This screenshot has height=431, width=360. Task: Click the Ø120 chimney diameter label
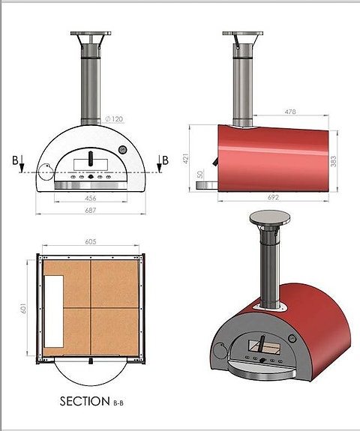pos(115,119)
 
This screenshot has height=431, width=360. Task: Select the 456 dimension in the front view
pos(91,199)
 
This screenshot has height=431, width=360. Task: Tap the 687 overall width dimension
pos(91,212)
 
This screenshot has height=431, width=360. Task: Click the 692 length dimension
pos(273,197)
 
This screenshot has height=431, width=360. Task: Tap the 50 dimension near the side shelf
pos(200,175)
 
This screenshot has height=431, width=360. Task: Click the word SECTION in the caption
pos(84,402)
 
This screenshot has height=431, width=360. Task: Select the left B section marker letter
pos(15,160)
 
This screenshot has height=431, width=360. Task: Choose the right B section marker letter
pos(164,160)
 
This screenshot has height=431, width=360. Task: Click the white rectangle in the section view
pos(54,310)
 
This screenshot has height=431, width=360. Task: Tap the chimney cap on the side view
pos(244,35)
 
